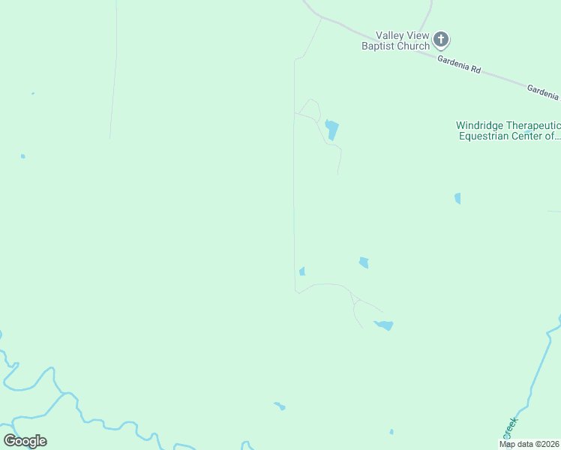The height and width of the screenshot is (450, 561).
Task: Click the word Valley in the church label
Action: coord(391,35)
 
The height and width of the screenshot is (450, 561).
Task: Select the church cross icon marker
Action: coord(442,39)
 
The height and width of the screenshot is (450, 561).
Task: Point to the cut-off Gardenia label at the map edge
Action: coord(542,91)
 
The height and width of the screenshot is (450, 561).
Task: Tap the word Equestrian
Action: coord(484,136)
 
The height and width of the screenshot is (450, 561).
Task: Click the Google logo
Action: coord(25,441)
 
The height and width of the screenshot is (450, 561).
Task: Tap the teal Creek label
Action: coord(510,428)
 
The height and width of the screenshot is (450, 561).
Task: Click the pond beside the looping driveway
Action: coord(331,130)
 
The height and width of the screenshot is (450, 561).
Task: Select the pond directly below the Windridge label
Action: coord(457,198)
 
